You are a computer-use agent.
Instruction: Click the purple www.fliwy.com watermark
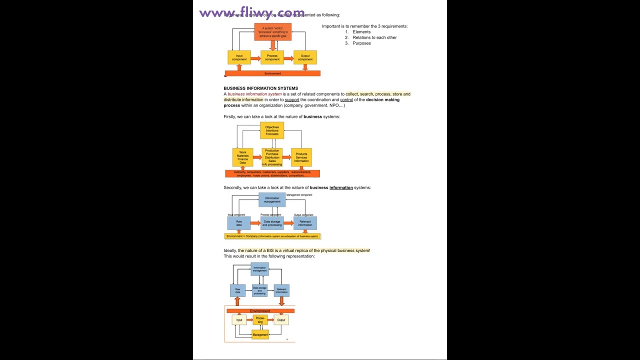click(251, 12)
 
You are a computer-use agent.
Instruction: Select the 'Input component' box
click(239, 57)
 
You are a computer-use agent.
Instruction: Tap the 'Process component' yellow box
click(272, 57)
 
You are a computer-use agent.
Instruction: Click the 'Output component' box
click(305, 57)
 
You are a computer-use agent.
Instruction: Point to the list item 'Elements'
click(361, 32)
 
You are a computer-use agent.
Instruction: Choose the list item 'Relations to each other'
click(374, 37)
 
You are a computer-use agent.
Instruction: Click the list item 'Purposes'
click(361, 43)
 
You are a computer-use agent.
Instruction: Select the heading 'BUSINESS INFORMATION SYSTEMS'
click(260, 88)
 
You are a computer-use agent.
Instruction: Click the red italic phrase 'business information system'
click(254, 94)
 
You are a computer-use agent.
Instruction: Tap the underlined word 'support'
click(292, 100)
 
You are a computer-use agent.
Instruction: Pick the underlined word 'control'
click(346, 100)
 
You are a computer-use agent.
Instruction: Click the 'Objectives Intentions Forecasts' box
click(272, 130)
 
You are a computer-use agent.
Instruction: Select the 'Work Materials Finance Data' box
click(242, 157)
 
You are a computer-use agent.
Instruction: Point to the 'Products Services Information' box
click(301, 157)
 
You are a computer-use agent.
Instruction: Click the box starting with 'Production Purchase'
click(272, 157)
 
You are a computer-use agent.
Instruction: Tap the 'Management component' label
click(299, 195)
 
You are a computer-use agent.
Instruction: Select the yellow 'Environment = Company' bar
click(272, 236)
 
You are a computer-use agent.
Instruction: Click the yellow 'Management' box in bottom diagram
click(260, 334)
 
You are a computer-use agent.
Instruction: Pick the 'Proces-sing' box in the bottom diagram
click(260, 320)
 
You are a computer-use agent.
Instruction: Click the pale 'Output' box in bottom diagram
click(281, 320)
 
